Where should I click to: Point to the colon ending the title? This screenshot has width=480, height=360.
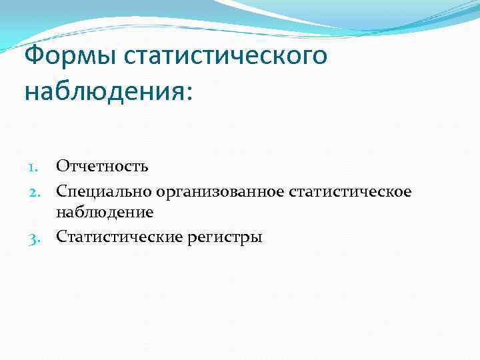coord(187,93)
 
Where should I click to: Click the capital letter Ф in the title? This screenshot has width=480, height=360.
coord(34,55)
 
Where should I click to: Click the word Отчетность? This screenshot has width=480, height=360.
coord(102,165)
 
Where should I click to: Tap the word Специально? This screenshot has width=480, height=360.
coord(105,192)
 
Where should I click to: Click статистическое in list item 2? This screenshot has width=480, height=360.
coord(350,192)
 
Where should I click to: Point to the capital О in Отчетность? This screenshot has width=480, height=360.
coord(62,165)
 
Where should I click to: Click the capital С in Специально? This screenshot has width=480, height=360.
coord(61,192)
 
